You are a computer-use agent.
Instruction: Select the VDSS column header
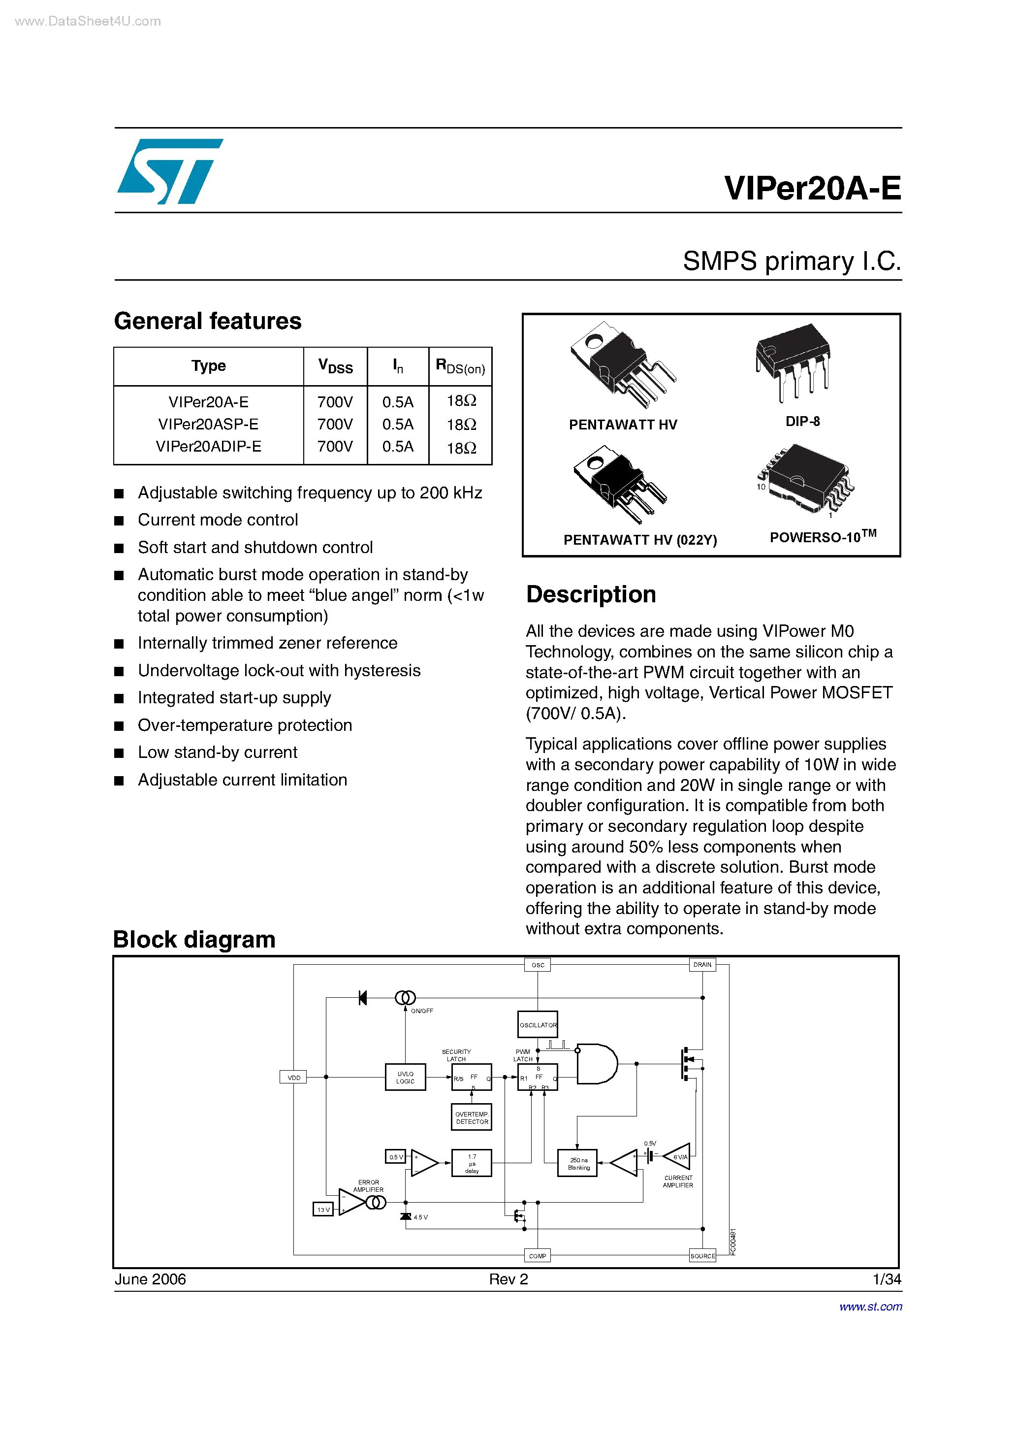(x=335, y=366)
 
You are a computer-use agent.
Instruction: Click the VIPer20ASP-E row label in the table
(x=208, y=425)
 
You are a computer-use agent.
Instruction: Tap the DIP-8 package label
(x=802, y=422)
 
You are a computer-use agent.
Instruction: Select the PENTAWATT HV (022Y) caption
(x=639, y=540)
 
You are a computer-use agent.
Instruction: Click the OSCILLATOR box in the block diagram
(x=538, y=1025)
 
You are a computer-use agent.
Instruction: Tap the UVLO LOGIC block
(x=405, y=1078)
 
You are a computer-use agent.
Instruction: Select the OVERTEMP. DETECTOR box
(x=472, y=1117)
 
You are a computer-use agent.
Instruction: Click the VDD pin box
(x=293, y=1078)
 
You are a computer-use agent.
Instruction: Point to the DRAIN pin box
(x=702, y=965)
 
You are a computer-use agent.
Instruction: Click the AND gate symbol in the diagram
(x=596, y=1064)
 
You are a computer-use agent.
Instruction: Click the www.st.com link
(x=870, y=1307)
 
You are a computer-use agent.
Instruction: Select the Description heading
(x=591, y=594)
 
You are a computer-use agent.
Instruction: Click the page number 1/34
(x=887, y=1279)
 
